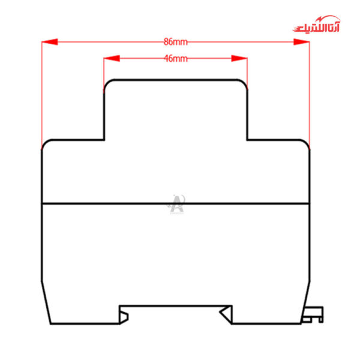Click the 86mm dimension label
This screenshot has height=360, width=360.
175,42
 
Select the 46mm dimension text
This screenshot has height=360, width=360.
175,59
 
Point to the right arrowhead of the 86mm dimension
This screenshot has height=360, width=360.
301,42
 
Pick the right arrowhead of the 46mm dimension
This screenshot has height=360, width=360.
239,59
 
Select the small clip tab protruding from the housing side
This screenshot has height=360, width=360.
315,314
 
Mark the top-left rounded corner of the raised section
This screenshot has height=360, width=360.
107,83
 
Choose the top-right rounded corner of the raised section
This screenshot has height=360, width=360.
244,83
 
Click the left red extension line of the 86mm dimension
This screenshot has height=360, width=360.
41,96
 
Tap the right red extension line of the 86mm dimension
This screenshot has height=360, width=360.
310,96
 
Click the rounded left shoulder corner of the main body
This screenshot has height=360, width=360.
44,143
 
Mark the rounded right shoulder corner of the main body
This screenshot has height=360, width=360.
307,143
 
